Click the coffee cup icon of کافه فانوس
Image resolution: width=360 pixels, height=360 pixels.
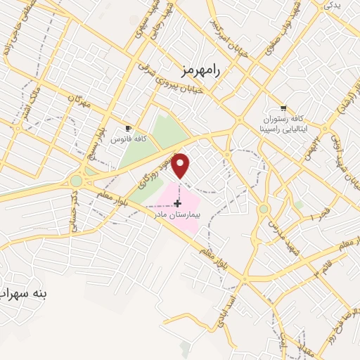tap(128, 128)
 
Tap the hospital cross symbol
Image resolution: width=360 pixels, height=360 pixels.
tap(176, 203)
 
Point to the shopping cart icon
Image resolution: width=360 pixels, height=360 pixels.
tap(283, 108)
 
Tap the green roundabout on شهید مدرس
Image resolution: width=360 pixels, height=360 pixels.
tap(264, 209)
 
